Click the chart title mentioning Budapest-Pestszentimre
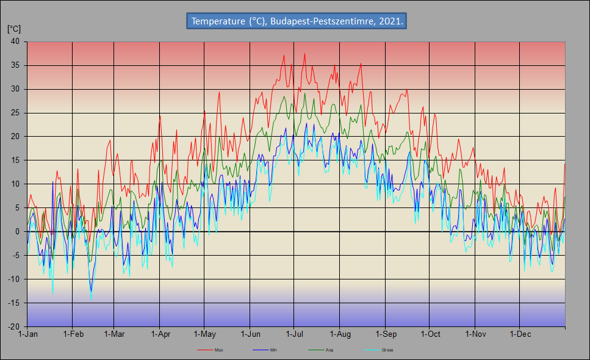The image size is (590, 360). click(297, 21)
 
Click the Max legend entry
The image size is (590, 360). click(218, 350)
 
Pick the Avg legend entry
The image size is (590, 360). click(329, 350)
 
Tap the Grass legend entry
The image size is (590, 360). click(387, 350)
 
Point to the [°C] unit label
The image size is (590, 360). click(14, 28)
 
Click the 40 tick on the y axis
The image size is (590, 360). click(14, 41)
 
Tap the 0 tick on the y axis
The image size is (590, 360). click(17, 232)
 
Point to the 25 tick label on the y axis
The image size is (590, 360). click(14, 113)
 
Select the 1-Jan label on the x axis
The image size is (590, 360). click(28, 334)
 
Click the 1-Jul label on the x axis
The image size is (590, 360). click(295, 334)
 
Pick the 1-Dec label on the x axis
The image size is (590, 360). click(520, 334)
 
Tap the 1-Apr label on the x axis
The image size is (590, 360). click(160, 334)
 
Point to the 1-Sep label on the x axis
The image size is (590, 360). click(386, 334)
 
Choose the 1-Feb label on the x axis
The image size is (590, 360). click(73, 334)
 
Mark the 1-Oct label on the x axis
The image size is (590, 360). click(430, 334)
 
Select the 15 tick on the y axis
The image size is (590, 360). click(14, 160)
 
